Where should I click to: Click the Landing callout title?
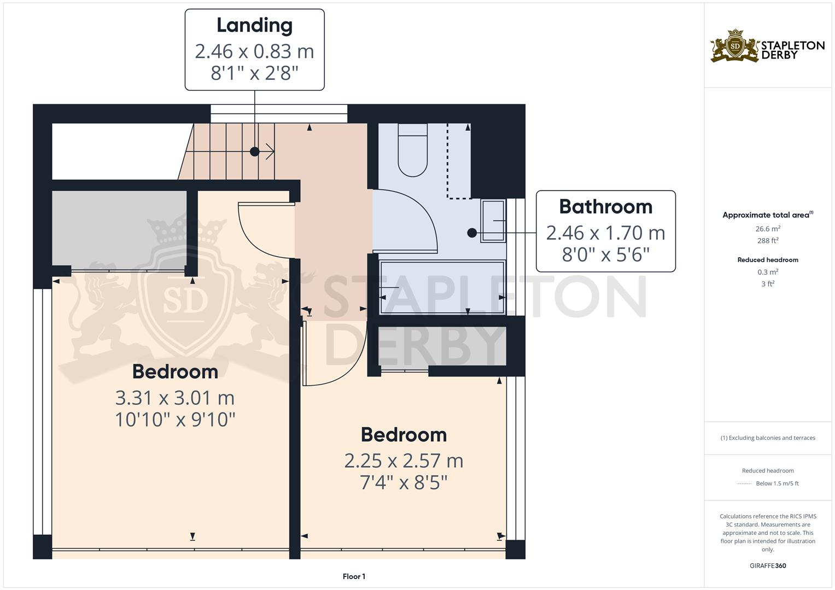[x=254, y=25]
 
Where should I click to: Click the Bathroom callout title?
[x=605, y=206]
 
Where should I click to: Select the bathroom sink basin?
[x=493, y=221]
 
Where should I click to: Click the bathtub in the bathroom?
[x=442, y=287]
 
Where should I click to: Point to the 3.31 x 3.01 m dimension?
[x=175, y=398]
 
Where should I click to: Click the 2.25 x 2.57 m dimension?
[x=404, y=461]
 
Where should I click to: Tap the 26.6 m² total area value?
[x=768, y=229]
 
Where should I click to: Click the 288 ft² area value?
[x=768, y=241]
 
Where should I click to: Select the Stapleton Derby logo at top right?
[x=767, y=46]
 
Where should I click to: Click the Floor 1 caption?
[x=354, y=576]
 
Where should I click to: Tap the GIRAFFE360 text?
[x=768, y=566]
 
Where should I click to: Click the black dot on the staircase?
[x=254, y=152]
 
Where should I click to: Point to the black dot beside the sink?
[x=472, y=233]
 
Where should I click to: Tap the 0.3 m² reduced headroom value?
[x=768, y=272]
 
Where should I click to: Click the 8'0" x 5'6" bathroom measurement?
[x=605, y=255]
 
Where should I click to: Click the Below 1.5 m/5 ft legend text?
[x=777, y=483]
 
